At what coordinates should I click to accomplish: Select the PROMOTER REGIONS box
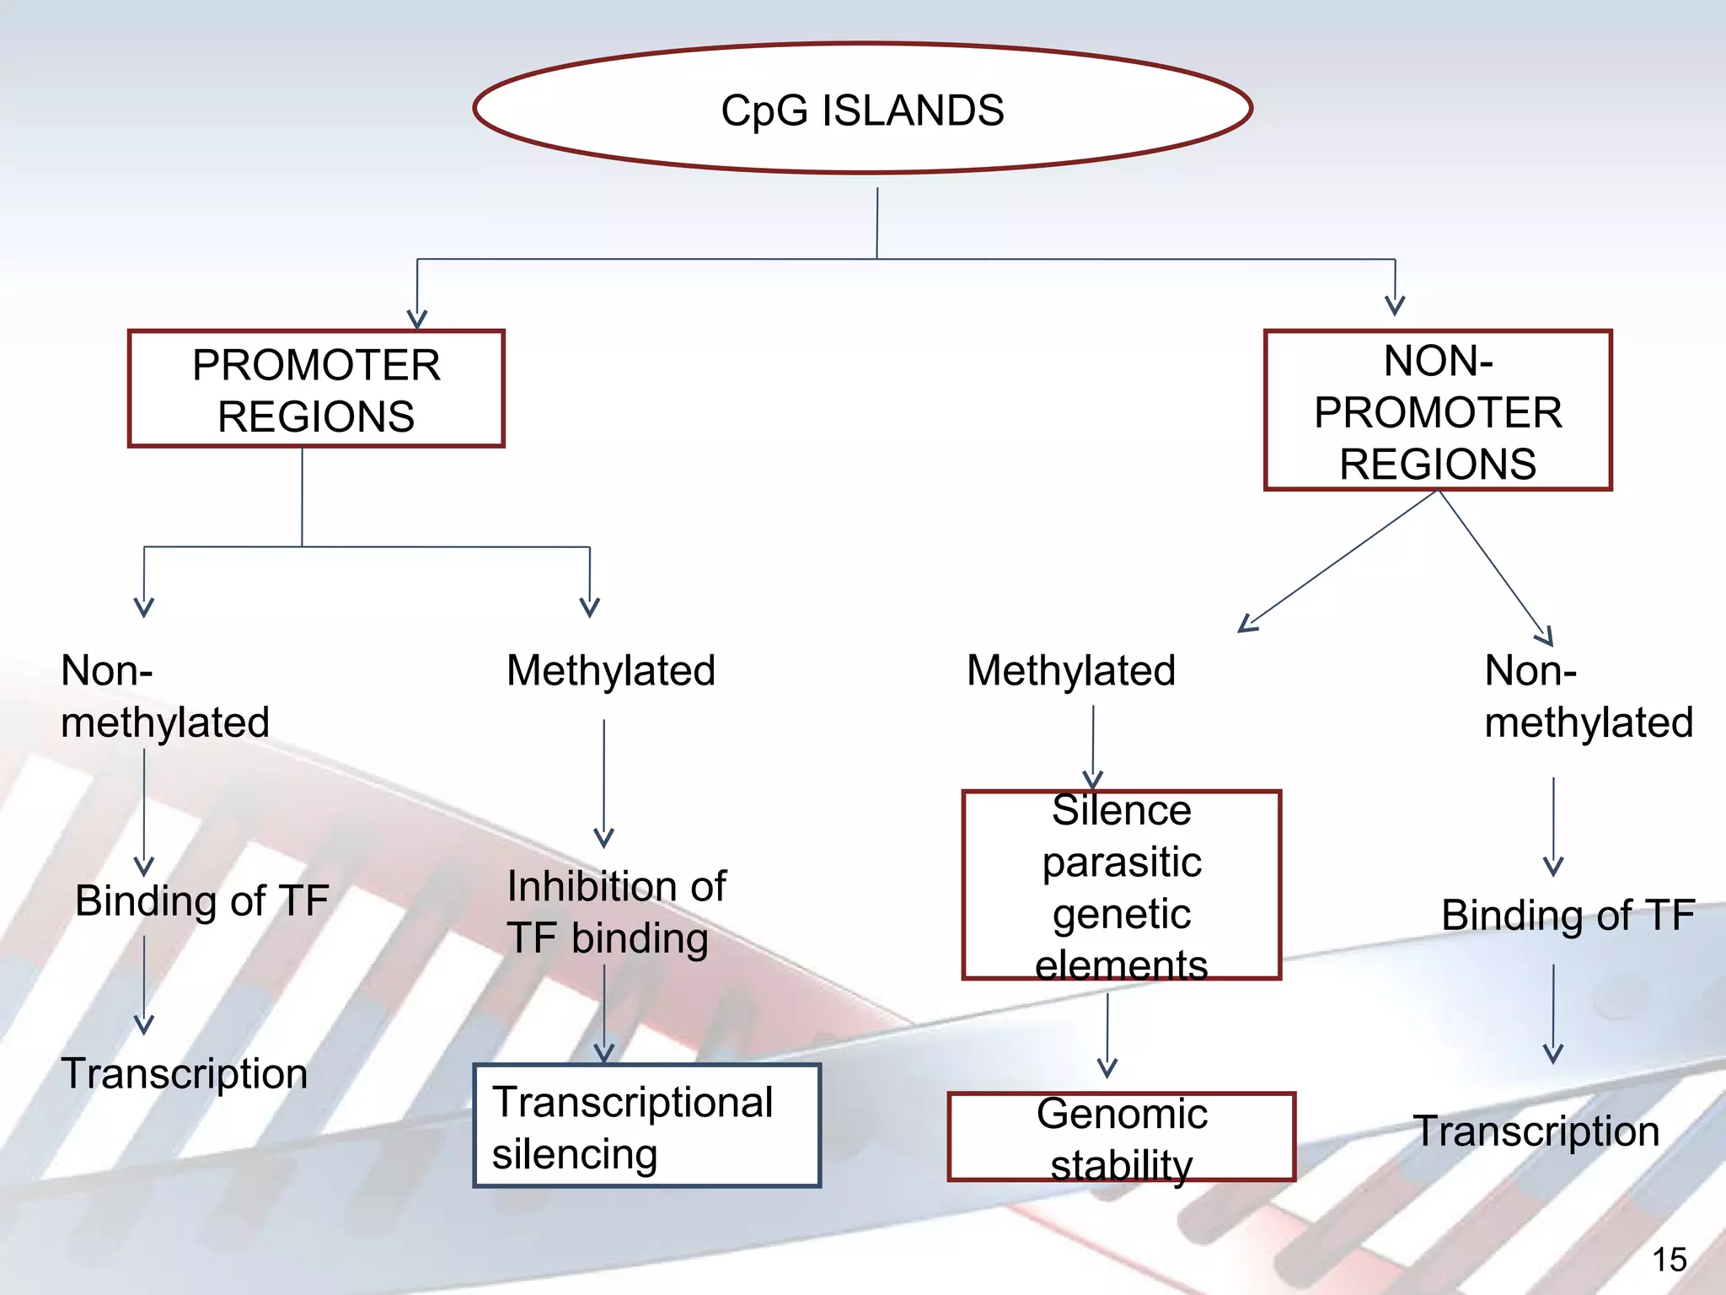(316, 389)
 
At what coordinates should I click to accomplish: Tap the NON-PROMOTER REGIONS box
(1438, 411)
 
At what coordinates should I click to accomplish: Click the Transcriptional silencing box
(646, 1126)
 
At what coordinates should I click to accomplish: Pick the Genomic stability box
(1121, 1137)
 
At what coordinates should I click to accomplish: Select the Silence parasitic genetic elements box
(1121, 885)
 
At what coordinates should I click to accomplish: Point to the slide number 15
(1669, 1260)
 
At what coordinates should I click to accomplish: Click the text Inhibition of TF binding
(615, 912)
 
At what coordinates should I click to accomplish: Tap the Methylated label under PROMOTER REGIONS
(611, 671)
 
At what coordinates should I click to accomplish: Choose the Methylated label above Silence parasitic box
(1070, 671)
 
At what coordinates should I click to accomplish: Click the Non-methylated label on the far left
(164, 696)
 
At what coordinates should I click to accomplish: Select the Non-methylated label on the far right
(1588, 696)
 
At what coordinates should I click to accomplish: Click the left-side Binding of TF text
(201, 900)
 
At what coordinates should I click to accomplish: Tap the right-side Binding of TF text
(1568, 916)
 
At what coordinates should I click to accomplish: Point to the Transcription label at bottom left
(185, 1074)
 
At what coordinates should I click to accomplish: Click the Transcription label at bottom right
(1536, 1131)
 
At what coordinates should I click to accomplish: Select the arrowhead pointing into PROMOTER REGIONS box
(417, 319)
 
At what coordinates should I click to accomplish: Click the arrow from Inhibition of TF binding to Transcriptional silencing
(604, 1012)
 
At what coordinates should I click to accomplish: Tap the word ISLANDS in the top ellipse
(913, 111)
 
